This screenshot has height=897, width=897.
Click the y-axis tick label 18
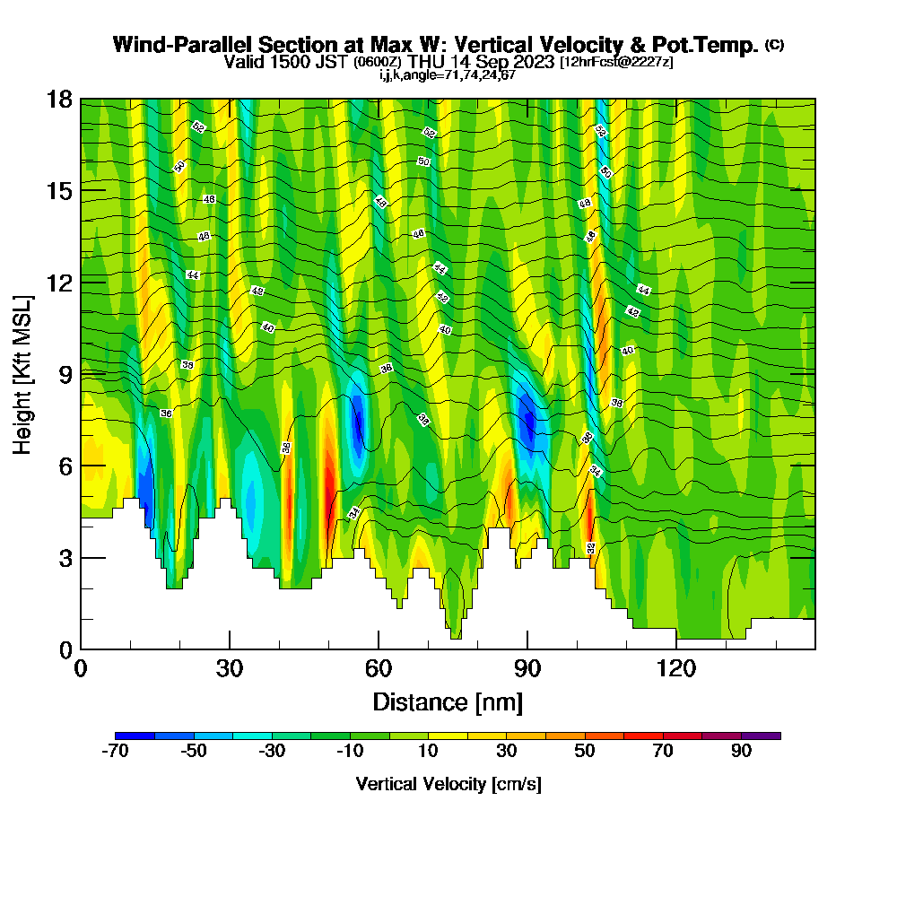pyautogui.click(x=59, y=99)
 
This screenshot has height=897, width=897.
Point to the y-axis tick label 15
pyautogui.click(x=59, y=190)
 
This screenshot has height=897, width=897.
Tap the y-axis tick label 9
pyautogui.click(x=65, y=373)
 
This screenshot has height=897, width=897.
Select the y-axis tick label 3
pyautogui.click(x=65, y=557)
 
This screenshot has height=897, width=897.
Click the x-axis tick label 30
pyautogui.click(x=230, y=667)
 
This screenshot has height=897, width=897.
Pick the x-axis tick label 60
pyautogui.click(x=379, y=667)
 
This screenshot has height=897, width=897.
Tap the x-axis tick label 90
pyautogui.click(x=527, y=667)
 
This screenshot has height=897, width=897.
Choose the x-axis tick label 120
pyautogui.click(x=676, y=667)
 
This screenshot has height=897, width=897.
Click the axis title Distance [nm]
pyautogui.click(x=448, y=701)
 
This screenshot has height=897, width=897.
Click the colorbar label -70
pyautogui.click(x=116, y=752)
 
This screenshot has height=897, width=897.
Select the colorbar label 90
pyautogui.click(x=741, y=752)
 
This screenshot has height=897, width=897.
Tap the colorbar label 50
pyautogui.click(x=585, y=752)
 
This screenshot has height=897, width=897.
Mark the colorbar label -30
pyautogui.click(x=272, y=752)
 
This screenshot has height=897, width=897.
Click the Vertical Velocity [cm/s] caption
pyautogui.click(x=448, y=785)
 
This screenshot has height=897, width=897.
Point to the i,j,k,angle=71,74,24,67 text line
pyautogui.click(x=448, y=74)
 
